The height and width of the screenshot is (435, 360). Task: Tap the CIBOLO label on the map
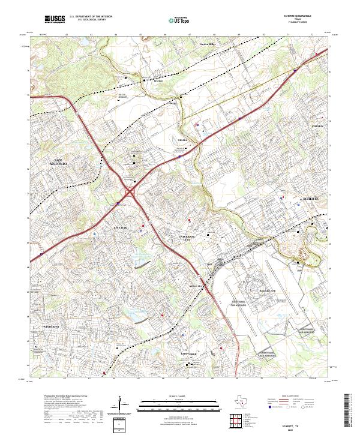pyautogui.click(x=317, y=127)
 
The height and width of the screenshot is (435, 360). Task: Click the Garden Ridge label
pyautogui.click(x=207, y=44)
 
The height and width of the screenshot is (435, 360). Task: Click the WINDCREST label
pyautogui.click(x=50, y=326)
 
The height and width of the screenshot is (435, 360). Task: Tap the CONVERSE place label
pyautogui.click(x=189, y=354)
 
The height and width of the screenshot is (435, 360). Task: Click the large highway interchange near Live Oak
pyautogui.click(x=130, y=193)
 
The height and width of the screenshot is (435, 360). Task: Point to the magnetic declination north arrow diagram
pyautogui.click(x=124, y=409)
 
